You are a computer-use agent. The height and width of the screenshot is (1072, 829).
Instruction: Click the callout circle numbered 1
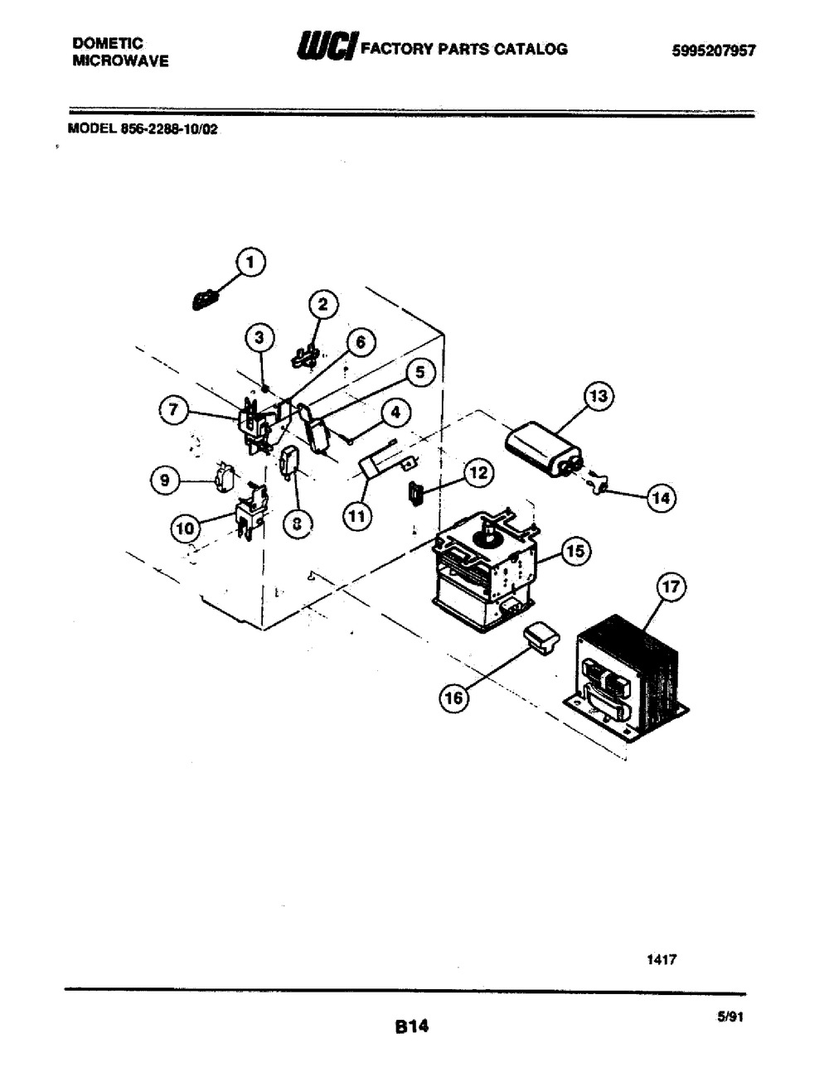250,263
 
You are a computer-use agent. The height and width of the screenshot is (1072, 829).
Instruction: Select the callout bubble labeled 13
599,396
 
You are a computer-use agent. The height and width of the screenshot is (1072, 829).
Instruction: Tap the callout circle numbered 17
671,587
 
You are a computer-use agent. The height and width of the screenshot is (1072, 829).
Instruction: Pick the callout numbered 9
165,480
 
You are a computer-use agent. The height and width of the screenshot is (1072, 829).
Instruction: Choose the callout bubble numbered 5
420,373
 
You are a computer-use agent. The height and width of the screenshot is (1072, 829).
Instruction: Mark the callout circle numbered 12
478,473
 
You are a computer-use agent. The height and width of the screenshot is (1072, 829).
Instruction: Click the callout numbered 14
662,498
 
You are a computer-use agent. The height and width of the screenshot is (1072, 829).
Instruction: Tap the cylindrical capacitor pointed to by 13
543,449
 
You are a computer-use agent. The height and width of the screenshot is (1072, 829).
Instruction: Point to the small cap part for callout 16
541,639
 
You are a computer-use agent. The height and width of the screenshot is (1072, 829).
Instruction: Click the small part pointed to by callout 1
205,300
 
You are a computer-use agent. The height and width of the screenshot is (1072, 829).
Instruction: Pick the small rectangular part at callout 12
415,494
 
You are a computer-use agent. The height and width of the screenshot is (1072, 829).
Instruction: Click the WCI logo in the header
327,46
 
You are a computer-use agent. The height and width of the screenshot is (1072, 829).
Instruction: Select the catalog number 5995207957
714,51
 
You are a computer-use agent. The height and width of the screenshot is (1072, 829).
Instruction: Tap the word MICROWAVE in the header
120,60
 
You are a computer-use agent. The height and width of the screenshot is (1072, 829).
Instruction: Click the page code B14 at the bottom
411,1026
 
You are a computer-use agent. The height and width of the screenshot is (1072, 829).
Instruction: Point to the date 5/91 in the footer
730,1016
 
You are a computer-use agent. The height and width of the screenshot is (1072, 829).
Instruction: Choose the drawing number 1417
662,959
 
